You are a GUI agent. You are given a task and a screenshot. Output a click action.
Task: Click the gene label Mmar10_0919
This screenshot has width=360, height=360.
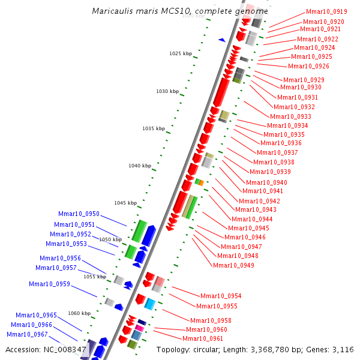point(326,11)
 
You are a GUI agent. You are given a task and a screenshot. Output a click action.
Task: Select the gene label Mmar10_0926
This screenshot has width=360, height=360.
point(308,66)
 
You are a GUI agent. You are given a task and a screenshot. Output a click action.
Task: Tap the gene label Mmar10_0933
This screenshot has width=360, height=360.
point(290,116)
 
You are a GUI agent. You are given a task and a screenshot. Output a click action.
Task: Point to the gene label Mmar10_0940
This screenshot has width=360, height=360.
point(266,182)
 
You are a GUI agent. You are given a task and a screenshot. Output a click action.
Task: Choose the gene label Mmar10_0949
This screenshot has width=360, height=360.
point(233,265)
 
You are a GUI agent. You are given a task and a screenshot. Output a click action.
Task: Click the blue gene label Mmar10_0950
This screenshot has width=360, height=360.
point(79,214)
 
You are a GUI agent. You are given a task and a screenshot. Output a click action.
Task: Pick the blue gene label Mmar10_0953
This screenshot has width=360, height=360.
point(66,244)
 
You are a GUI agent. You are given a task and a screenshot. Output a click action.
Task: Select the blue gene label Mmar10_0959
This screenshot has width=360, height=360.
point(49,284)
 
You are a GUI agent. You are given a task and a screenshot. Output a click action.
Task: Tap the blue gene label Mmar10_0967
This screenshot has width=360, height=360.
point(27,334)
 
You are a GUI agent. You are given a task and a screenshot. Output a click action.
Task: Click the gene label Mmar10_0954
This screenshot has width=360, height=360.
point(221,296)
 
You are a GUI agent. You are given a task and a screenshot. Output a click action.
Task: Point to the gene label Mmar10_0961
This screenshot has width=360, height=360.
point(203,338)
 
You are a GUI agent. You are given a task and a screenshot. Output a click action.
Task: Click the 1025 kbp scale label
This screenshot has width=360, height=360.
point(180,53)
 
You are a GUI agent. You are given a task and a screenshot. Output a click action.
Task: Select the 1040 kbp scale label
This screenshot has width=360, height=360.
point(139,166)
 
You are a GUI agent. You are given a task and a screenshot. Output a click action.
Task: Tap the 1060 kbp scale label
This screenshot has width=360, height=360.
point(79,313)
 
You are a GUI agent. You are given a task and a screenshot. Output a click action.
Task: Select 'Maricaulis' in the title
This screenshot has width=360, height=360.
point(113,11)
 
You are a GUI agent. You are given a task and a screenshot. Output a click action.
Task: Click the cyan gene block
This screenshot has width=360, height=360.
point(150,304)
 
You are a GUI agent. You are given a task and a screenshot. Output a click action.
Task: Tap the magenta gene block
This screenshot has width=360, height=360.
point(139,328)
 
